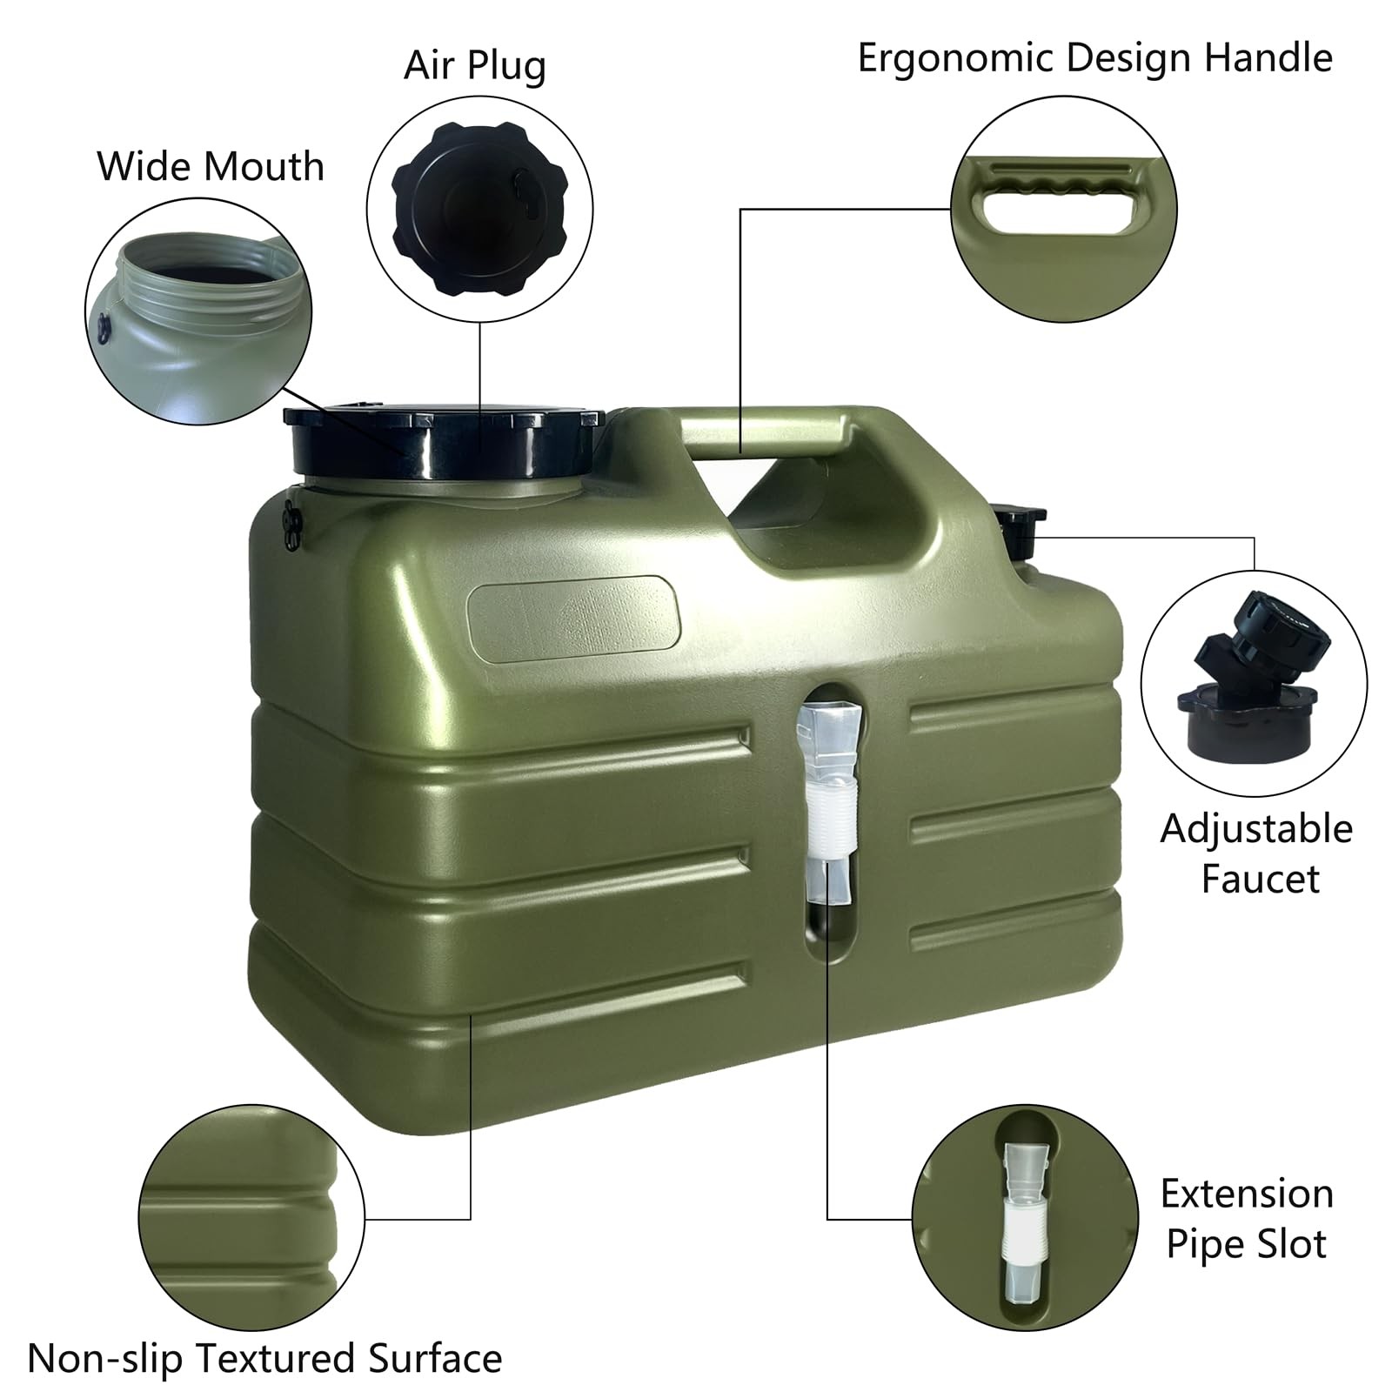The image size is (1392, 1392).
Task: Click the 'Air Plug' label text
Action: pyautogui.click(x=474, y=66)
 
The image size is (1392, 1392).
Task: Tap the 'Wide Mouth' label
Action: pyautogui.click(x=211, y=166)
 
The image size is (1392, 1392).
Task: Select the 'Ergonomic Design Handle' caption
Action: pyautogui.click(x=1094, y=58)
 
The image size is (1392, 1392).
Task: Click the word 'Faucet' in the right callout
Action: pyautogui.click(x=1260, y=879)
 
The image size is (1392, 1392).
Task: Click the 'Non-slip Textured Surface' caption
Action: pyautogui.click(x=264, y=1358)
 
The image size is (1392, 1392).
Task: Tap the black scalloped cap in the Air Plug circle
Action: pyautogui.click(x=479, y=210)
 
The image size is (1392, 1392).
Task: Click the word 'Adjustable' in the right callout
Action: pyautogui.click(x=1256, y=828)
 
